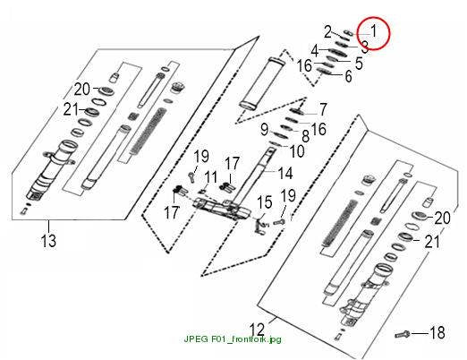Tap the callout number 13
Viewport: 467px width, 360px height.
(x=48, y=241)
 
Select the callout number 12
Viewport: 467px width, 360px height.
(x=257, y=330)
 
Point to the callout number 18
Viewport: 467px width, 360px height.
(x=437, y=332)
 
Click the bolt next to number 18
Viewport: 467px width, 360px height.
(x=403, y=334)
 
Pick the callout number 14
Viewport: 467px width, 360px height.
(x=284, y=173)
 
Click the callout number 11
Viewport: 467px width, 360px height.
(x=211, y=177)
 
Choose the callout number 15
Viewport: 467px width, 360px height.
(x=265, y=202)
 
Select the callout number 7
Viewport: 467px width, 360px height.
(x=323, y=109)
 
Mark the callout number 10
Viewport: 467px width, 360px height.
(x=297, y=151)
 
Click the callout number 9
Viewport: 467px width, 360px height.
(x=265, y=130)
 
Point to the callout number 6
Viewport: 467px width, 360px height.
(x=348, y=76)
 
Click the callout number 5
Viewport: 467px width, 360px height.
(x=359, y=64)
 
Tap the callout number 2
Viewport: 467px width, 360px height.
(x=327, y=31)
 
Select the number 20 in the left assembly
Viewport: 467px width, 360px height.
(x=81, y=89)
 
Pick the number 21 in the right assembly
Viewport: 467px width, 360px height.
(x=432, y=242)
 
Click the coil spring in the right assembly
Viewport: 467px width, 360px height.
(x=340, y=223)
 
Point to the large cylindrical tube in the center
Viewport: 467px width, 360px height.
(x=262, y=83)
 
